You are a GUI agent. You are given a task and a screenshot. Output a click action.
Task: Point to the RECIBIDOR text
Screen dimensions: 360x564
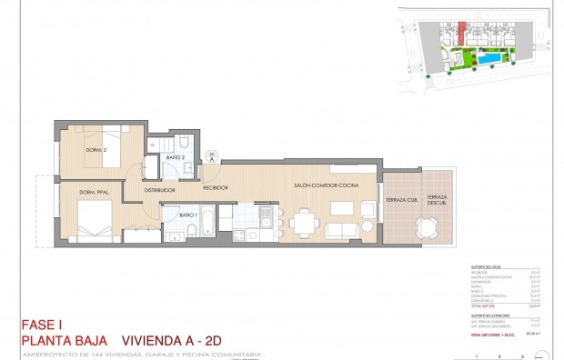215,187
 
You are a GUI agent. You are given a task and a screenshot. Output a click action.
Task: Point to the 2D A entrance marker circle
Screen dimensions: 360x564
211,156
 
